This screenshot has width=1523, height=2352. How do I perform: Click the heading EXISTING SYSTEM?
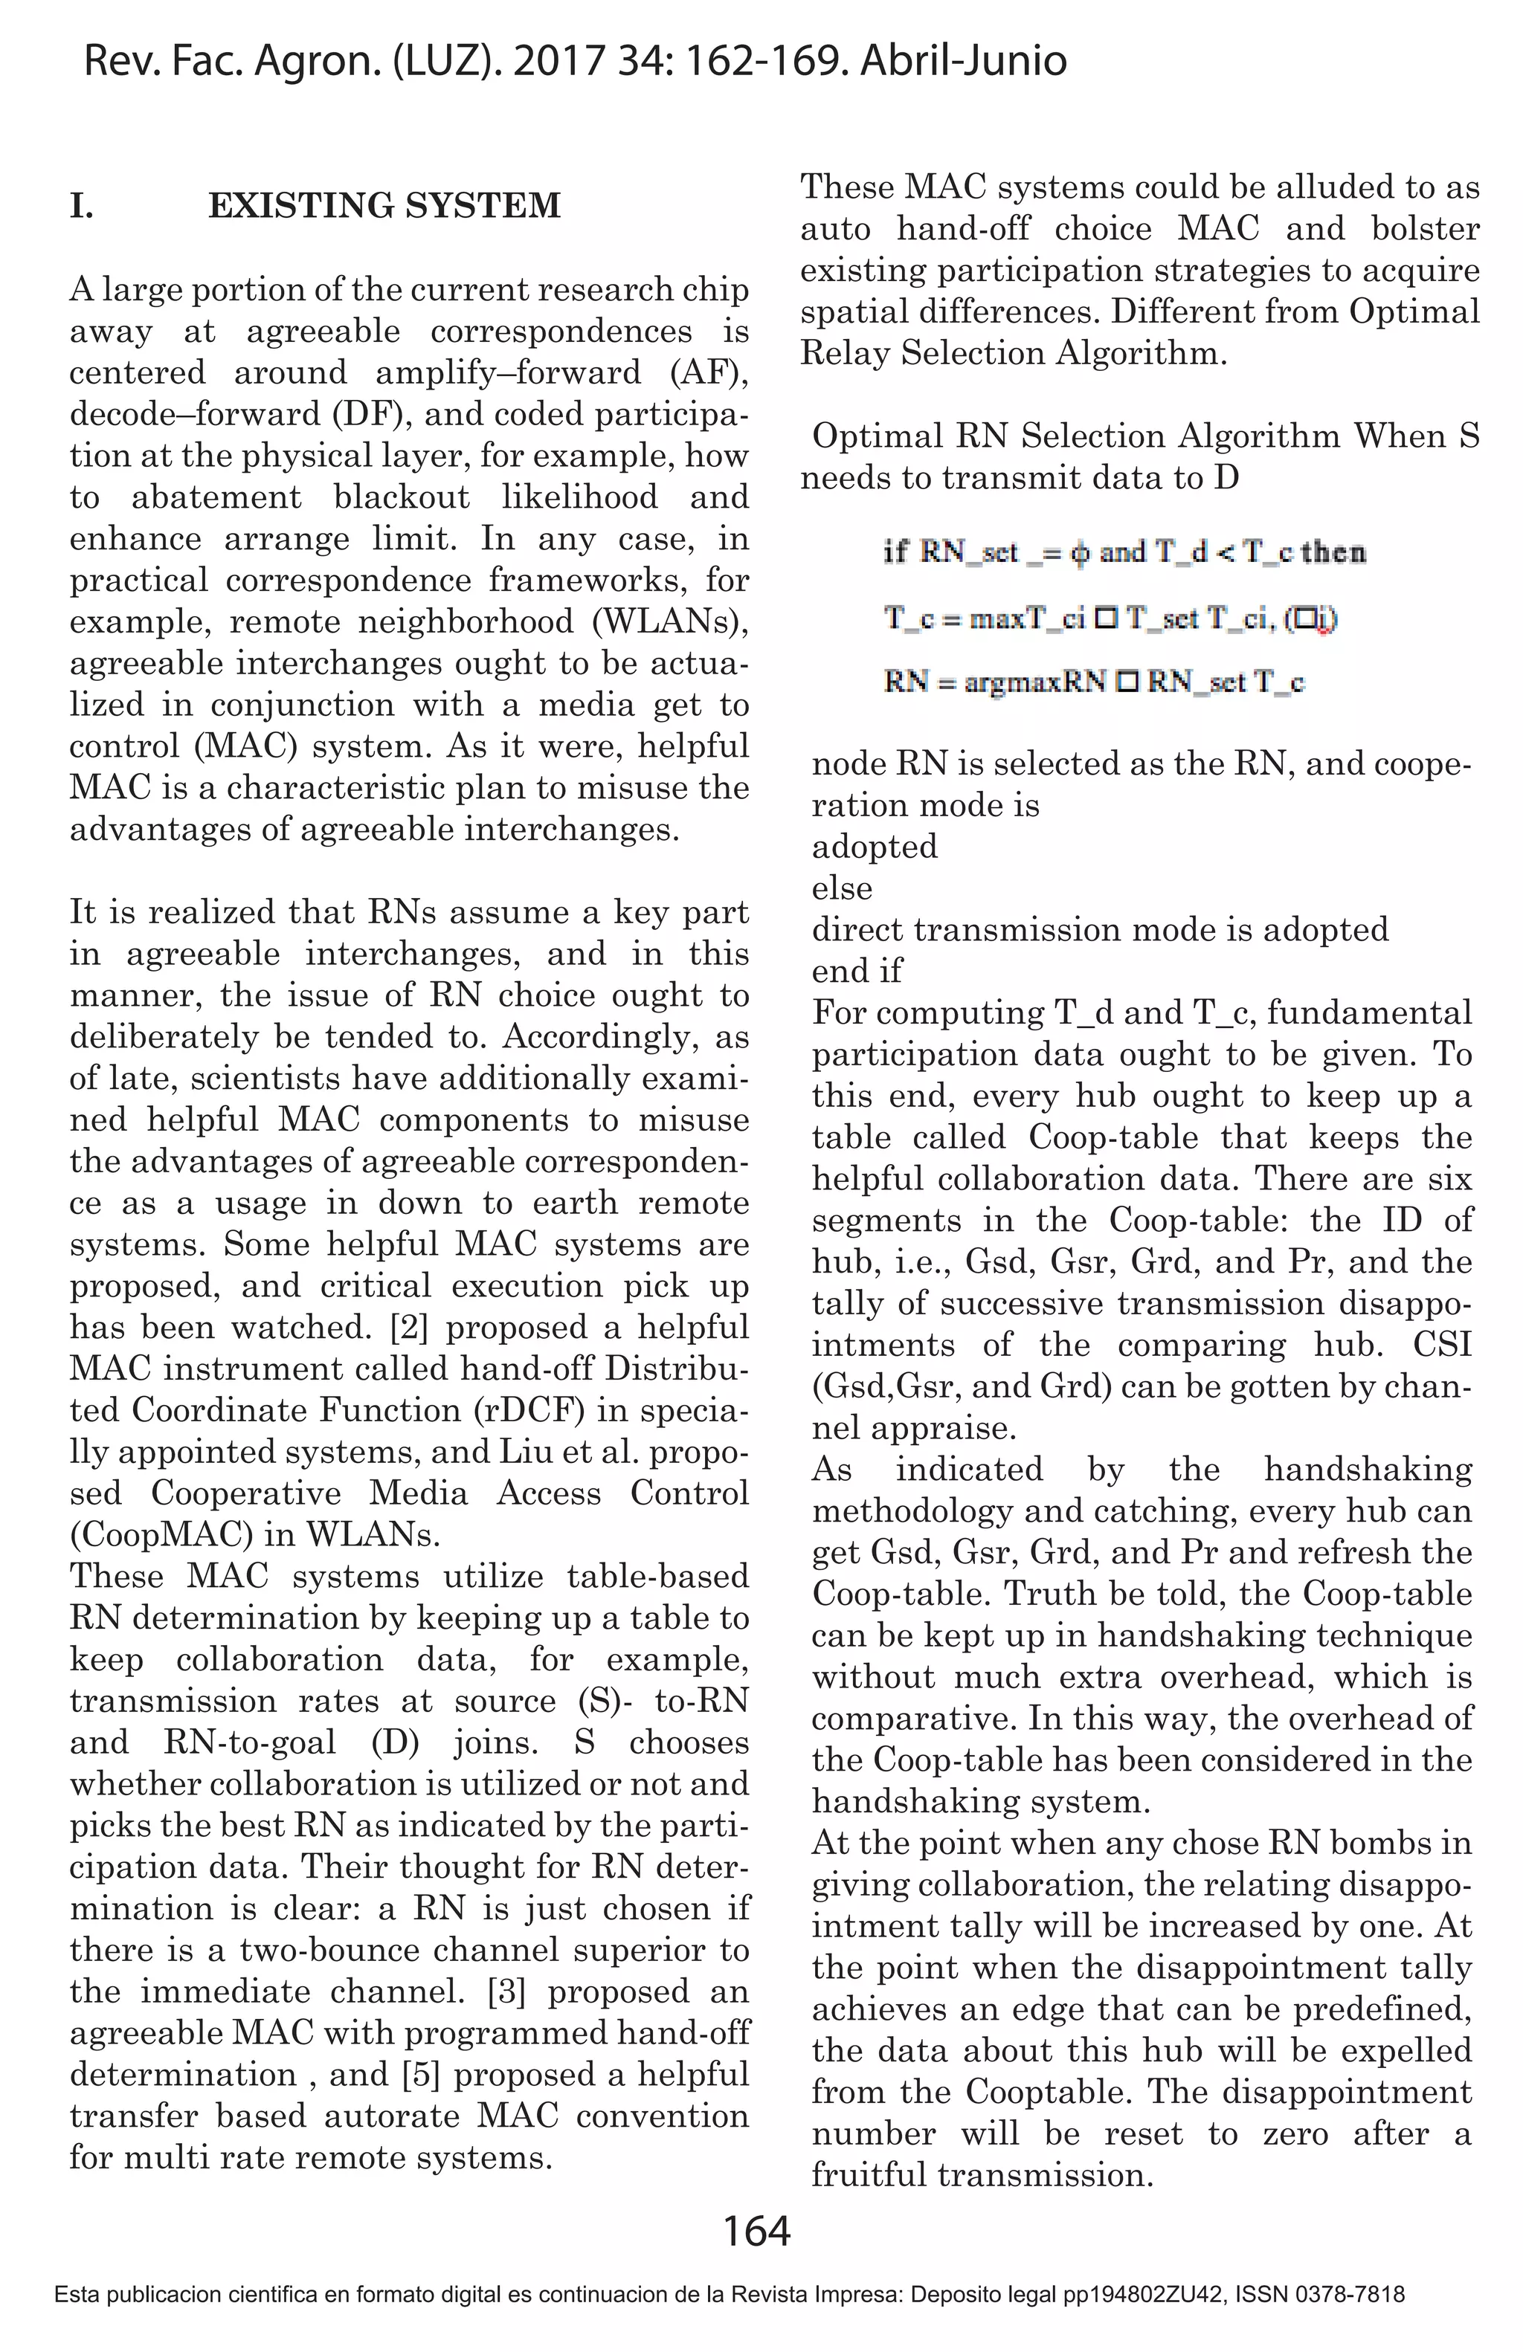[x=384, y=206]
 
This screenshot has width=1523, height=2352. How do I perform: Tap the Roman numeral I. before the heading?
[x=82, y=206]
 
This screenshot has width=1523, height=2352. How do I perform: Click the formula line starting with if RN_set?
[x=1124, y=552]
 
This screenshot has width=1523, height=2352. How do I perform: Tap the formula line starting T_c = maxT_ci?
[x=1110, y=618]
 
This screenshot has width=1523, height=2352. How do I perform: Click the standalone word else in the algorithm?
[x=841, y=888]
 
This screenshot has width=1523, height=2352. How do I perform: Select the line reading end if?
[x=856, y=972]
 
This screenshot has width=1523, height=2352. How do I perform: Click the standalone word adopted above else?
[x=874, y=847]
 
